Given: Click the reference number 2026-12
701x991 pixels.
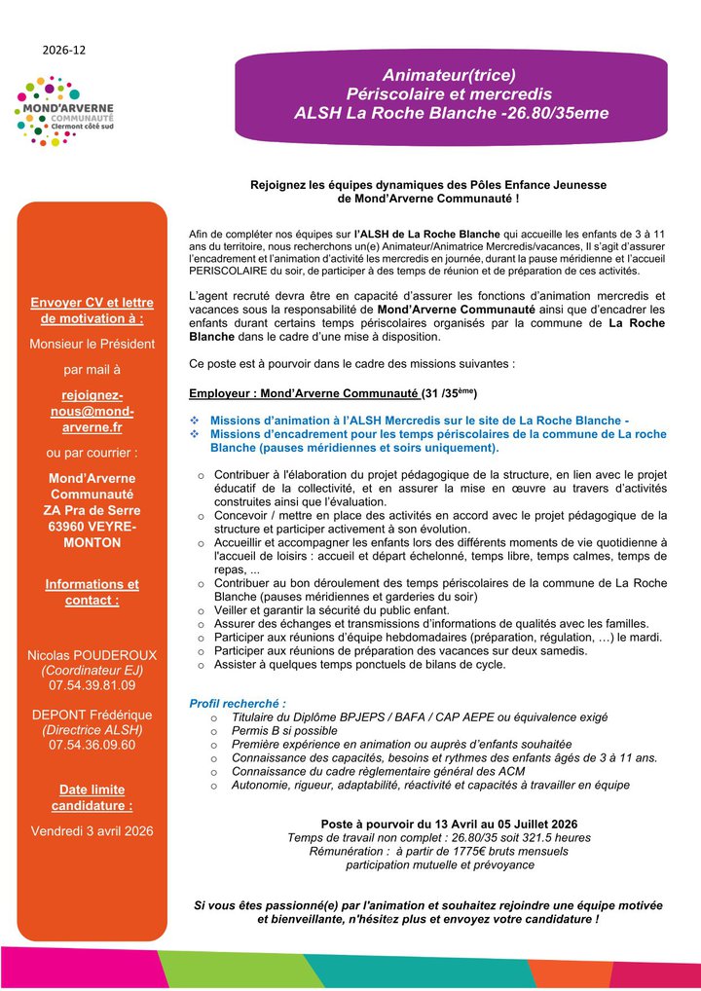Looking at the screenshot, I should click(x=64, y=49).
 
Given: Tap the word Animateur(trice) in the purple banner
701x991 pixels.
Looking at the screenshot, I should click(x=449, y=75).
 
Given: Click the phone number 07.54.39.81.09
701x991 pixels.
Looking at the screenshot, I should click(x=92, y=686).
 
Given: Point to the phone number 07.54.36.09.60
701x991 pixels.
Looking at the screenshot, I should click(x=92, y=745).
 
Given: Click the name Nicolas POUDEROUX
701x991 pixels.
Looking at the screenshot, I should click(x=92, y=655).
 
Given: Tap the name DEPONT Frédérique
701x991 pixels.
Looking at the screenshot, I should click(x=92, y=714).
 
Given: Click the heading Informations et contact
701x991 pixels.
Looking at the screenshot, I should click(x=92, y=592).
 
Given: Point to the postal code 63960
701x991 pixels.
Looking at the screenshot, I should click(x=67, y=526).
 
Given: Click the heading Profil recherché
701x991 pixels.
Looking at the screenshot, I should click(x=238, y=703).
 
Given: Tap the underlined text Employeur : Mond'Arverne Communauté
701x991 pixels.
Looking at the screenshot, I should click(x=304, y=393).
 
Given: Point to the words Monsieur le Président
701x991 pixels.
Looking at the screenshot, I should click(x=92, y=343).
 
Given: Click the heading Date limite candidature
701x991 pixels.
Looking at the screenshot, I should click(x=92, y=798).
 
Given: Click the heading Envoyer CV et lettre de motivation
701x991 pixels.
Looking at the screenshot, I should click(x=92, y=311).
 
